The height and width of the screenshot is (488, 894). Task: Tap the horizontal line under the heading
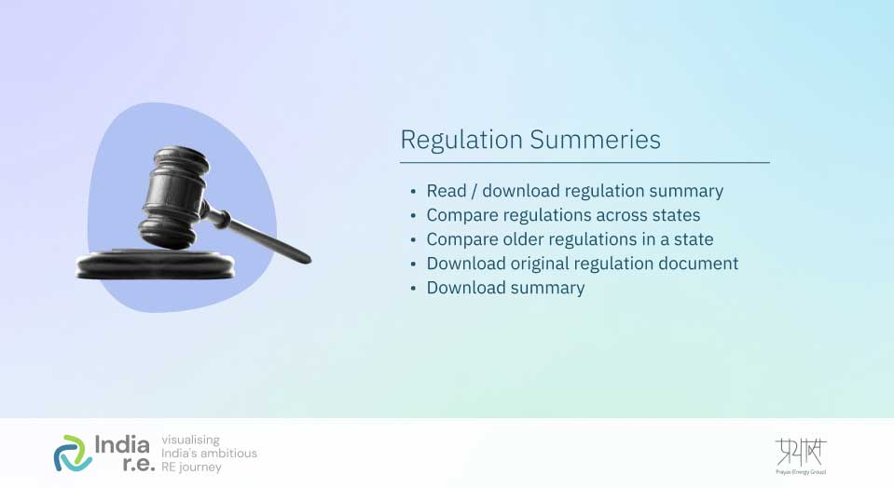point(585,163)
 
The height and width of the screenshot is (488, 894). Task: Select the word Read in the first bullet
point(447,191)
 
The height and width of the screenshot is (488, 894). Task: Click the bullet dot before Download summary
point(413,289)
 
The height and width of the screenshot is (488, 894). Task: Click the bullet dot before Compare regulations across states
point(413,216)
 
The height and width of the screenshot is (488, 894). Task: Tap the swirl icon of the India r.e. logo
point(72,453)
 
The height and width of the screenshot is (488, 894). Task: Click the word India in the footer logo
point(121,442)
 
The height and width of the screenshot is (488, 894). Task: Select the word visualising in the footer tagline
point(191,439)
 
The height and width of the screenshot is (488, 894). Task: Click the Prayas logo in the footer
point(800,454)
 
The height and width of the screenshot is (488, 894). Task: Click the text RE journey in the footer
point(192,467)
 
